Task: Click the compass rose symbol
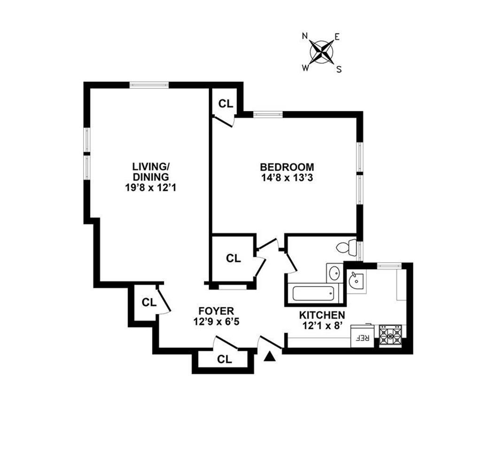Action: pyautogui.click(x=322, y=51)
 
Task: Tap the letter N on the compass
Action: pyautogui.click(x=305, y=36)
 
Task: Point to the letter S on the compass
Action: pyautogui.click(x=338, y=69)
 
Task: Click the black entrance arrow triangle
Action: pyautogui.click(x=269, y=357)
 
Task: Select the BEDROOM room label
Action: pyautogui.click(x=287, y=167)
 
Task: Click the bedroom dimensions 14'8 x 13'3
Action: pyautogui.click(x=287, y=178)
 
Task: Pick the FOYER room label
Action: pyautogui.click(x=216, y=311)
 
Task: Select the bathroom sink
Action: pyautogui.click(x=335, y=273)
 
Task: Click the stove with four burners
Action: pyautogui.click(x=390, y=335)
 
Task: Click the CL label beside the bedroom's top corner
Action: pyautogui.click(x=226, y=104)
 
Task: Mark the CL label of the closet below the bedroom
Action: pyautogui.click(x=233, y=258)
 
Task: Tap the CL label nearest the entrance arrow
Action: pyautogui.click(x=225, y=360)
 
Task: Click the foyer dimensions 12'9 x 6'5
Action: pyautogui.click(x=216, y=322)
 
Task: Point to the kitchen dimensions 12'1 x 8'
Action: pyautogui.click(x=322, y=326)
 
